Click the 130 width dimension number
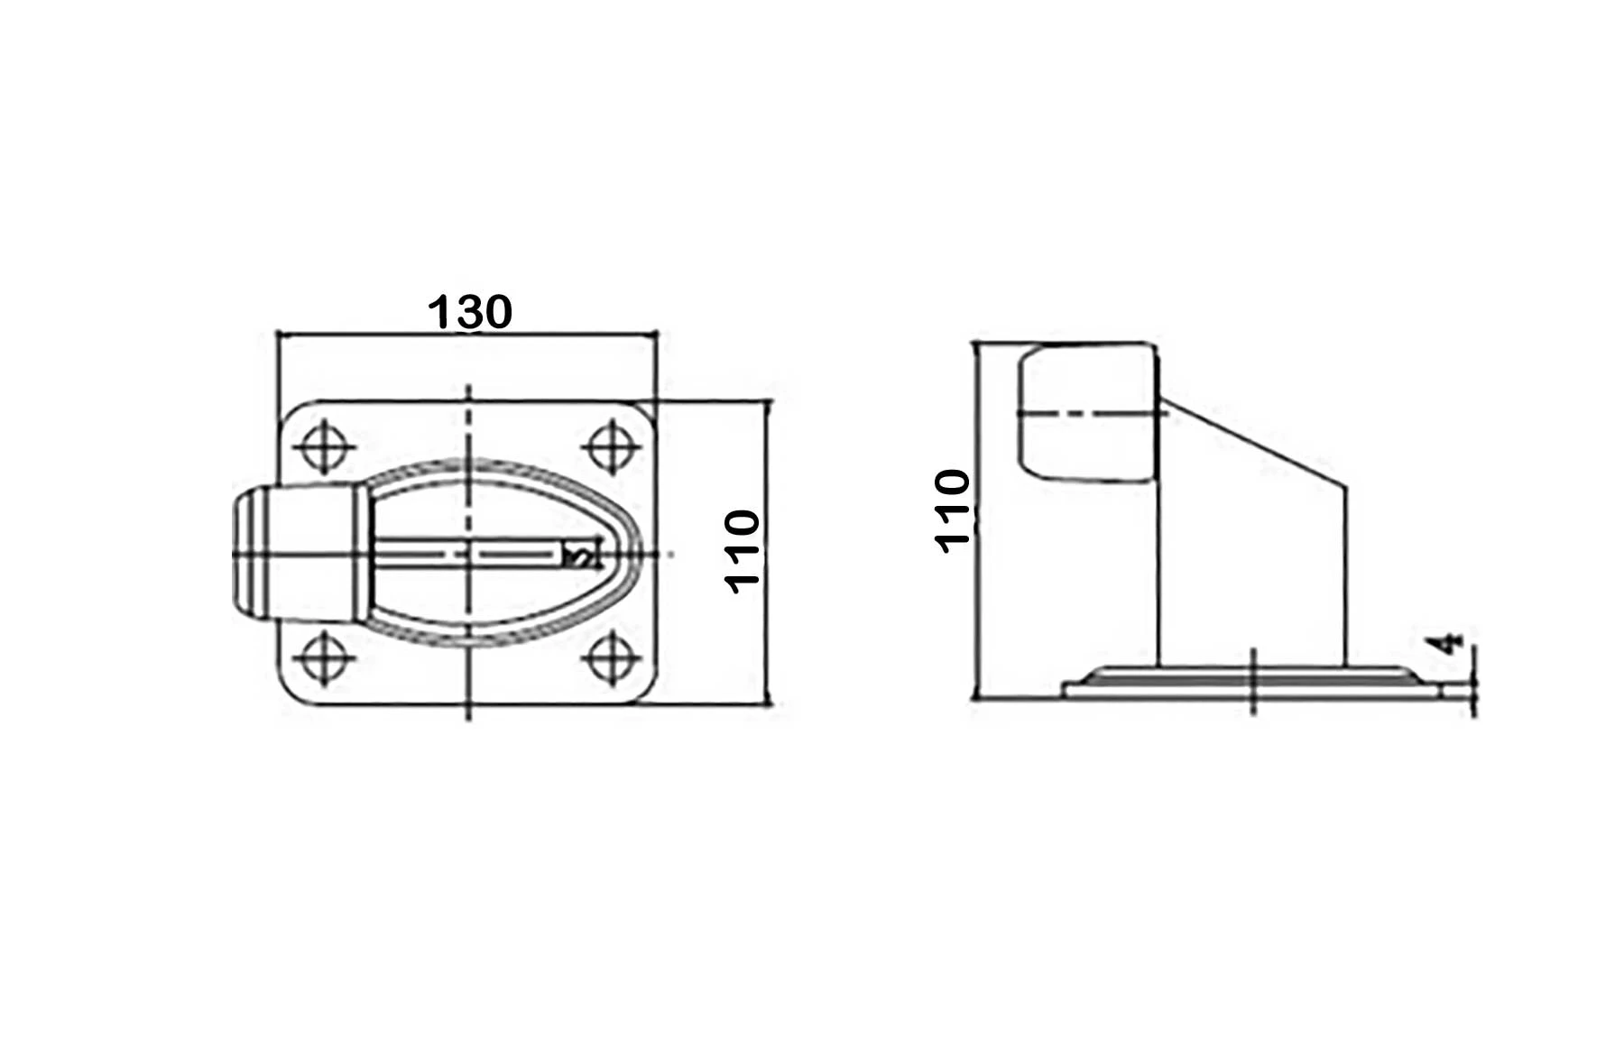click(469, 312)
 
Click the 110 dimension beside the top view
click(743, 551)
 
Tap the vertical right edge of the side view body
click(1347, 577)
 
